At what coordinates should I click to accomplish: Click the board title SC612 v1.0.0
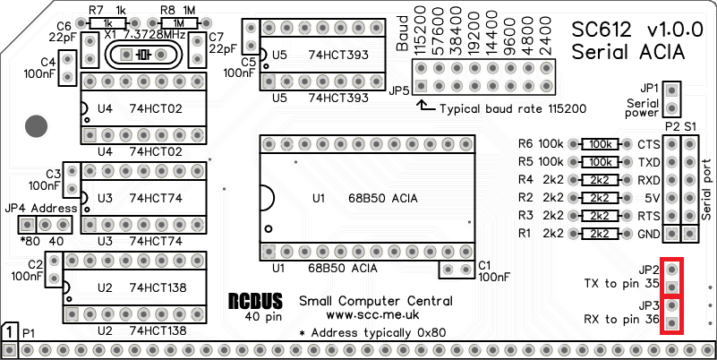pos(627,29)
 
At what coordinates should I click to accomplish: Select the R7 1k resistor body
pos(108,22)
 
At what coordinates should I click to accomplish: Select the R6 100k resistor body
pos(601,144)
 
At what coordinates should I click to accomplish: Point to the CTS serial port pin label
pos(646,144)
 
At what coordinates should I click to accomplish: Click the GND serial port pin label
pos(646,234)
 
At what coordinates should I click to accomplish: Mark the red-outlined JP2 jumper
pos(672,276)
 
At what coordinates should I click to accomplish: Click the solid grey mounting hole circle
pos(36,126)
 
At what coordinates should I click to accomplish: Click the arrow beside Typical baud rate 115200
pos(426,107)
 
